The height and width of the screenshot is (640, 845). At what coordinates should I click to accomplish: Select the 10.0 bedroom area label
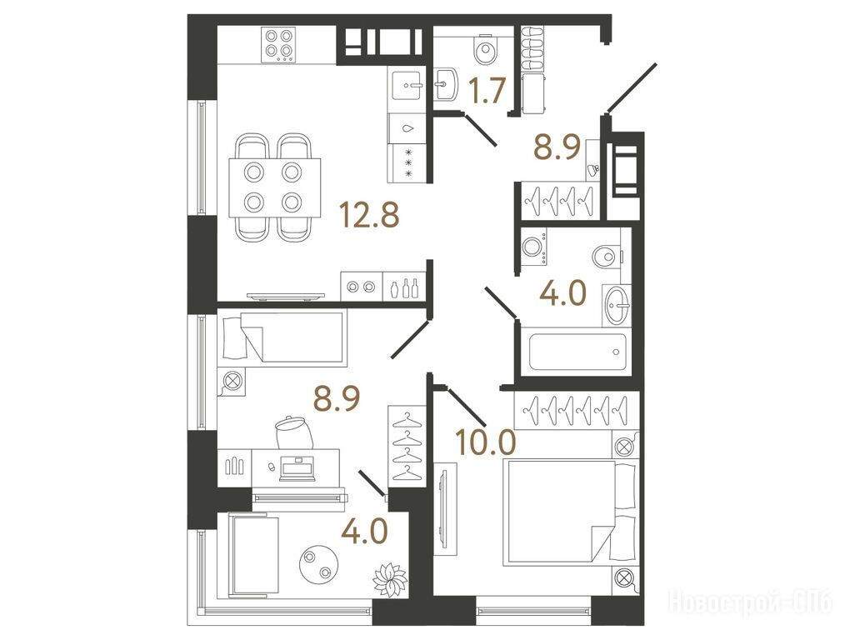coord(486,442)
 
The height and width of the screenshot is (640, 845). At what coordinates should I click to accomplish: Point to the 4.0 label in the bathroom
coord(562,293)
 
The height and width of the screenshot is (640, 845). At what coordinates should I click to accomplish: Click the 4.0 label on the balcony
coord(365,531)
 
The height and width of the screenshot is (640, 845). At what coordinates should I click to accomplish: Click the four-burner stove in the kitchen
coord(279,44)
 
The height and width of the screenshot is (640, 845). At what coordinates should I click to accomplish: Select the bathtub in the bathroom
coord(577,352)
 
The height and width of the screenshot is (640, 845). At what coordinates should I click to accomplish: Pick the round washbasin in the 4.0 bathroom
coord(617,306)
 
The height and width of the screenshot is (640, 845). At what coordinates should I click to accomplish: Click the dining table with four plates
coord(274,187)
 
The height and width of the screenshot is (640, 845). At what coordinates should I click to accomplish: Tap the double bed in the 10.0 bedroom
coord(570,512)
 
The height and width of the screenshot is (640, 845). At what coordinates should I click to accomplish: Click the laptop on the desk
coord(297,470)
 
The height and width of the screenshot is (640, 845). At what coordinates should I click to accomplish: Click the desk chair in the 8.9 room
coord(294,432)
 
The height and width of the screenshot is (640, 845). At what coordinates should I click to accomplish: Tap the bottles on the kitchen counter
coord(404,288)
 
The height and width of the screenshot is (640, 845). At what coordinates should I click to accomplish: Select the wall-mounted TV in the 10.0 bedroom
coord(443,507)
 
